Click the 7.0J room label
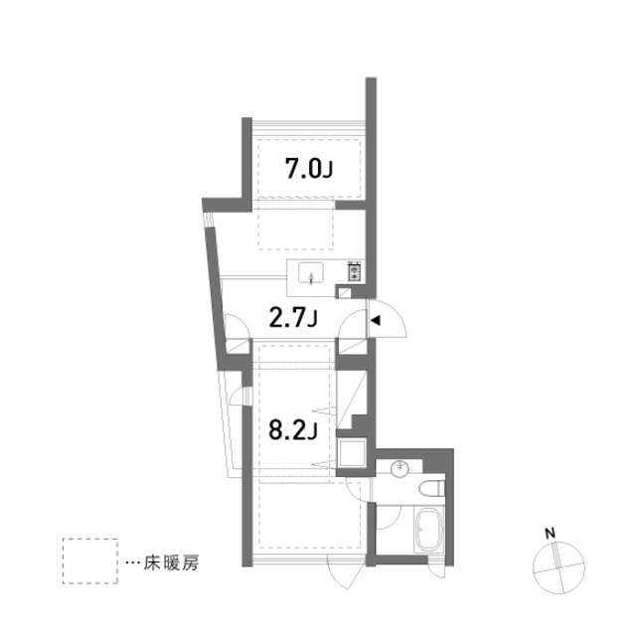coord(309,169)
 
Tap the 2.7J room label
coord(293,318)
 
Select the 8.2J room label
coord(293,430)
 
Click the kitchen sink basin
coord(311,273)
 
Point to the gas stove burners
coord(355,271)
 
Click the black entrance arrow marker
coord(376,320)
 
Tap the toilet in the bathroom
coord(431,488)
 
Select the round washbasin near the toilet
coord(399,469)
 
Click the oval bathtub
coord(428,530)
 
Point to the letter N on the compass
coord(550,534)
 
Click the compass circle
coord(558,567)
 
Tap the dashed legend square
coord(90,561)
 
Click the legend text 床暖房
coord(171,563)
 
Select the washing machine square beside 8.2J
coord(351,453)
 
